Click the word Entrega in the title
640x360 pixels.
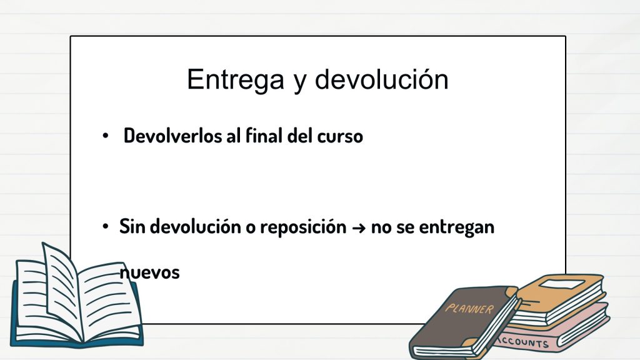pos(236,80)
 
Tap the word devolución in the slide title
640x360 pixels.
pos(382,79)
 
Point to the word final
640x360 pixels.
pos(264,136)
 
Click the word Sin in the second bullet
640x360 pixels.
pos(132,226)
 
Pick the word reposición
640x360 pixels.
pos(303,227)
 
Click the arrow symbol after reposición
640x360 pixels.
pos(358,227)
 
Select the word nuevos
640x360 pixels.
pos(149,272)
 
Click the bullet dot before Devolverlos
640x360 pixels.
pos(105,136)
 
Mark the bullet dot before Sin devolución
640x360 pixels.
pos(105,226)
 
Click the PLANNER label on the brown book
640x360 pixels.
pos(469,309)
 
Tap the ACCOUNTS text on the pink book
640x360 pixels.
pos(524,342)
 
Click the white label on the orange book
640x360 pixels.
pos(562,284)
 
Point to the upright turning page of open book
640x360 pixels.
pos(61,286)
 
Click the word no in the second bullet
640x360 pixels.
pos(381,227)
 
